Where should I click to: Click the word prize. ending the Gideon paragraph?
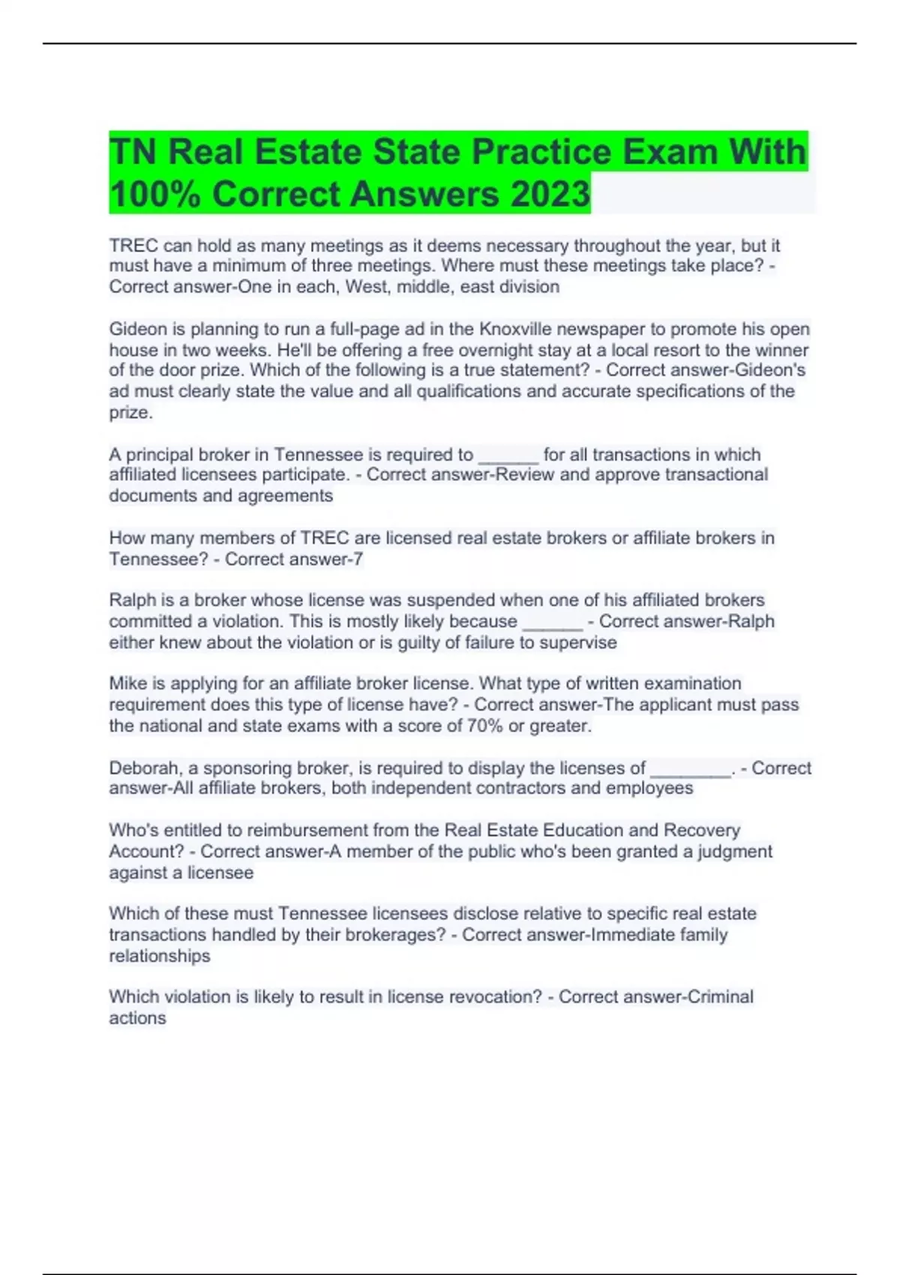point(130,412)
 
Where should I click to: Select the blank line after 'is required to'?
point(508,455)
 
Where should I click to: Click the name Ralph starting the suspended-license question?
point(130,600)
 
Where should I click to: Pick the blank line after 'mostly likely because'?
point(551,622)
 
